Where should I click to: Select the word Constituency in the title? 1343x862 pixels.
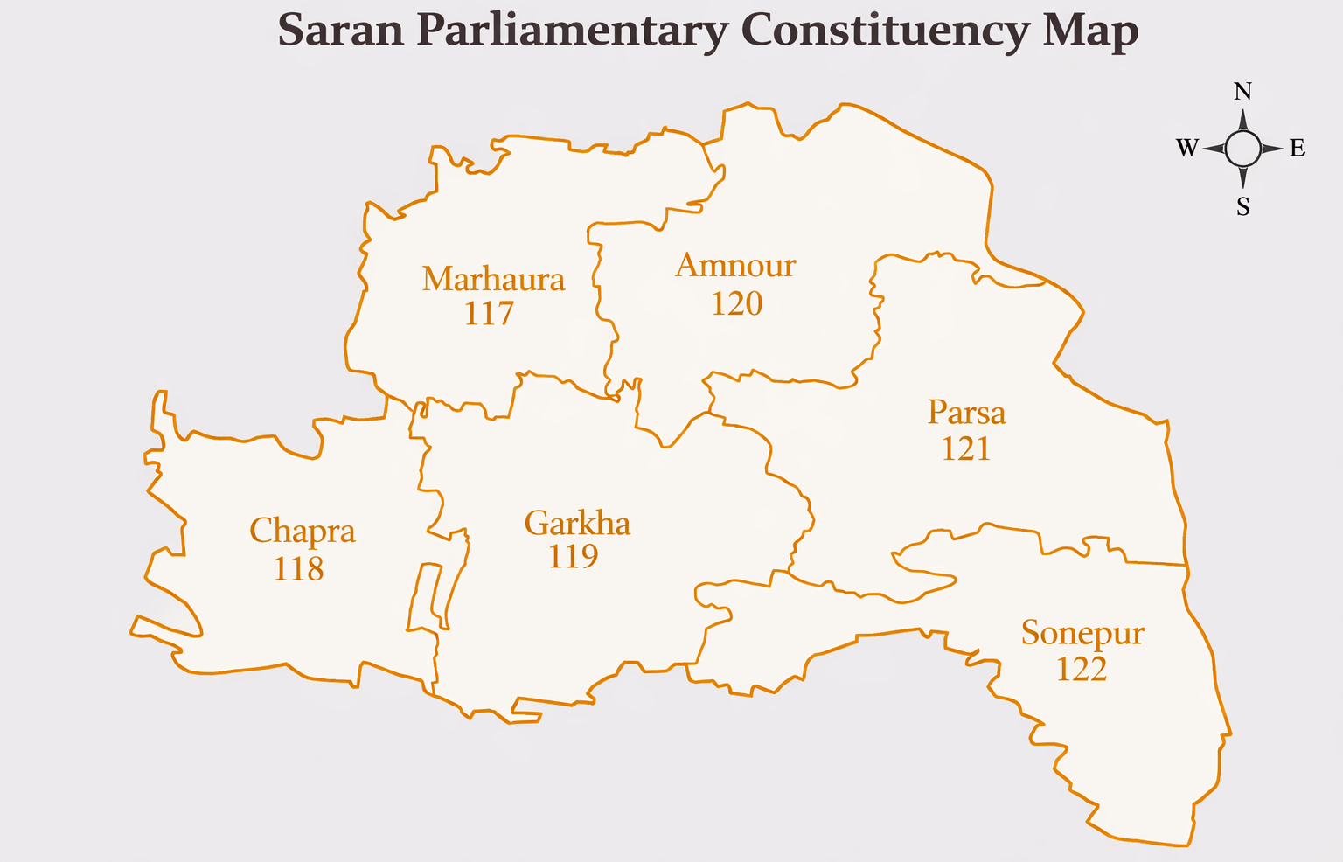885,31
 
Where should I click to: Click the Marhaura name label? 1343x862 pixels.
493,280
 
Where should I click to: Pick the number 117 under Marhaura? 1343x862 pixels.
489,313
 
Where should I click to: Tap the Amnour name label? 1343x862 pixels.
735,265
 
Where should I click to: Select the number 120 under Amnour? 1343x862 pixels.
736,303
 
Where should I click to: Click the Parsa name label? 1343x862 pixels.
966,412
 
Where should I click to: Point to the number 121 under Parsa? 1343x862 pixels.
965,448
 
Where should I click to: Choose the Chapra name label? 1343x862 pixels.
303,531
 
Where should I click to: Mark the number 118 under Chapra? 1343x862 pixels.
298,569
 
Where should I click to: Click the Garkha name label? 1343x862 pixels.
577,523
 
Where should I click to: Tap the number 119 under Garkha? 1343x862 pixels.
573,556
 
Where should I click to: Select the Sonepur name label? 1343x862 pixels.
1082,632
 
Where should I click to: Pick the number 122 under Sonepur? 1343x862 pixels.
1081,670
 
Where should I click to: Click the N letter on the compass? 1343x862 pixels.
1242,92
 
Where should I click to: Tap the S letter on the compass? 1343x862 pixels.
1242,207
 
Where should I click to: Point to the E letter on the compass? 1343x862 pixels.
1297,149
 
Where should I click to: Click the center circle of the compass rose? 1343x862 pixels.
1242,149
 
